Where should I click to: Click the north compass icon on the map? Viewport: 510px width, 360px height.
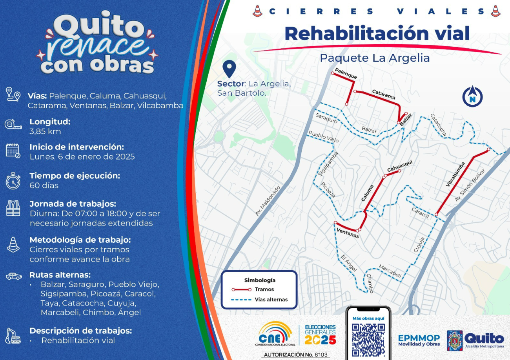[x=472, y=96]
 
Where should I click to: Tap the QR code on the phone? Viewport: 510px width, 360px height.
[x=368, y=339]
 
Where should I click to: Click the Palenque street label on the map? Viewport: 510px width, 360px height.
[x=346, y=73]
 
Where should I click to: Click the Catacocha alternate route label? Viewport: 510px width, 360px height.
[x=438, y=125]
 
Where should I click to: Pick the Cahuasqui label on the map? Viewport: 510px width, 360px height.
[x=400, y=166]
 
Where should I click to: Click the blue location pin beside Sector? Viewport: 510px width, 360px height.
[x=229, y=69]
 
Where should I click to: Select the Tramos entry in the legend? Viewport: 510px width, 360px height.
[x=264, y=289]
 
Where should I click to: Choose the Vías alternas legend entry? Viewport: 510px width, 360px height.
[x=271, y=300]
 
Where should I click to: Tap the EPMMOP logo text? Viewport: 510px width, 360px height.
[x=419, y=340]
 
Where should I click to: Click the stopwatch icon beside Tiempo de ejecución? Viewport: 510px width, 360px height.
[x=13, y=181]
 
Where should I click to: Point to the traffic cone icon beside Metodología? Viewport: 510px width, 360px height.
[x=13, y=245]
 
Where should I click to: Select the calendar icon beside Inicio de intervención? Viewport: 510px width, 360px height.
[x=13, y=151]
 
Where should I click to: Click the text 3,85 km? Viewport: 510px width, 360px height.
[x=45, y=131]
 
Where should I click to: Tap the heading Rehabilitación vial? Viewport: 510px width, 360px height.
[x=377, y=33]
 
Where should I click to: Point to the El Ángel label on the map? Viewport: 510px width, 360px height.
[x=348, y=263]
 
